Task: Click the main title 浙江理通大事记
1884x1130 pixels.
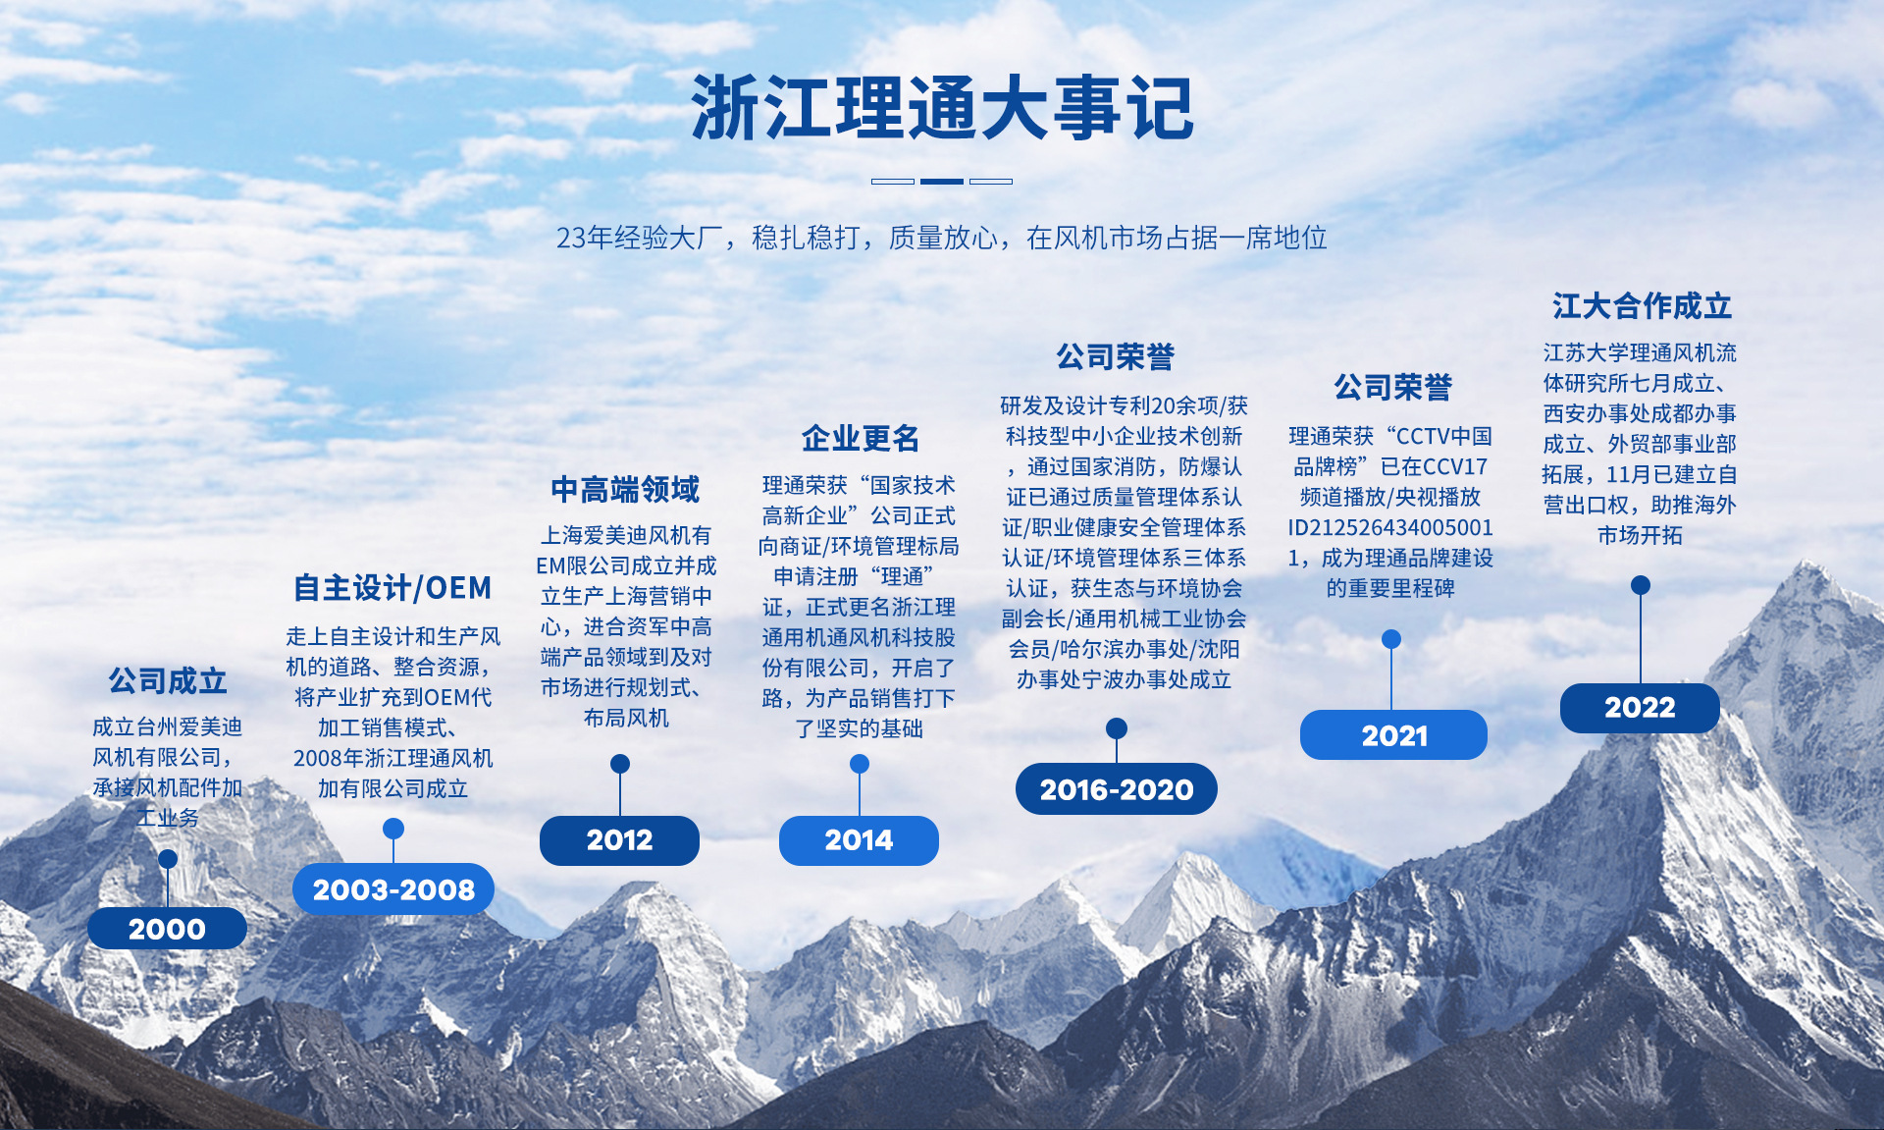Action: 942,108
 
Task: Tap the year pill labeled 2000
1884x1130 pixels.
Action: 167,928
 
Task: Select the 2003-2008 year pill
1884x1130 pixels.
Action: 393,889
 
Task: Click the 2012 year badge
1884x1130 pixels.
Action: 619,840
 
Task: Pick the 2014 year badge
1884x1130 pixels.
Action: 859,840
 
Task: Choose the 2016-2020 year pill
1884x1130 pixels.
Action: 1117,789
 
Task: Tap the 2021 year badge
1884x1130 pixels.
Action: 1393,735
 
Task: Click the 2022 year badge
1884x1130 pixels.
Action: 1640,708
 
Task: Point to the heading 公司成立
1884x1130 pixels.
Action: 168,680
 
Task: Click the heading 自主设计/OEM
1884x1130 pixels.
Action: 392,588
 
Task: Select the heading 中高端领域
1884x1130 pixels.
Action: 626,489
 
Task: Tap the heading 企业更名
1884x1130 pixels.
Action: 861,438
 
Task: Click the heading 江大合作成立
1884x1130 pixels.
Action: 1642,306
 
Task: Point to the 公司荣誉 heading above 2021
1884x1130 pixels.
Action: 1392,387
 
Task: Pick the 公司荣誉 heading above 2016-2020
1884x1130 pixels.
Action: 1116,356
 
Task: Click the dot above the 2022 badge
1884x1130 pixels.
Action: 1641,585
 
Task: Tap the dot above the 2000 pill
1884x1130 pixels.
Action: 168,859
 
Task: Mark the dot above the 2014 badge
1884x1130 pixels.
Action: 860,764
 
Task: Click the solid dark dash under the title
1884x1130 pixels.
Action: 942,182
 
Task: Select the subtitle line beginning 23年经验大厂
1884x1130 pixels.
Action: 942,238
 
